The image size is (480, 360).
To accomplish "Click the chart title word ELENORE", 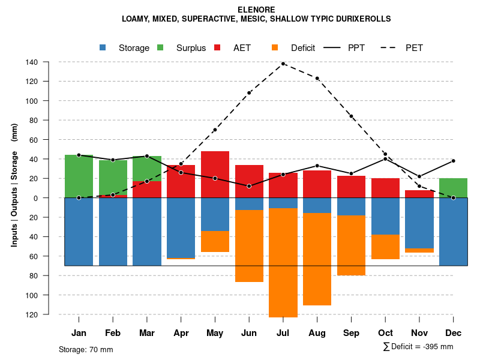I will (x=256, y=10).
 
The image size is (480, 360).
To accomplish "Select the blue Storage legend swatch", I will (x=103, y=47).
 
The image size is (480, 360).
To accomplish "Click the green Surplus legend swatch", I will (x=161, y=47).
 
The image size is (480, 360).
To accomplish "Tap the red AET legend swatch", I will (x=218, y=47).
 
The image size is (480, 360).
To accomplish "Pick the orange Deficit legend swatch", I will (x=275, y=47).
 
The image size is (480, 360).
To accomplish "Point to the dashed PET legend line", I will (x=391, y=47).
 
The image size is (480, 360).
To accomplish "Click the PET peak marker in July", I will (x=283, y=63).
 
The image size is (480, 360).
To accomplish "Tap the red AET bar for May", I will (x=215, y=175).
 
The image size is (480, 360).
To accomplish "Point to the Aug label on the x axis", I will (x=317, y=333).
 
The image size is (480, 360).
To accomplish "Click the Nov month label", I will (x=419, y=333).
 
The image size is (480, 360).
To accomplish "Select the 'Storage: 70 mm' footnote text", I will (x=86, y=349).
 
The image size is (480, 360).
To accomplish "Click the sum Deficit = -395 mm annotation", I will (x=418, y=347).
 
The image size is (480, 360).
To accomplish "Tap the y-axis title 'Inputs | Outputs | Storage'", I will (x=14, y=185).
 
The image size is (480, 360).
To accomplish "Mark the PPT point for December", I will (x=454, y=161).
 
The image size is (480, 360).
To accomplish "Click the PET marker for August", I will (x=317, y=78).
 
